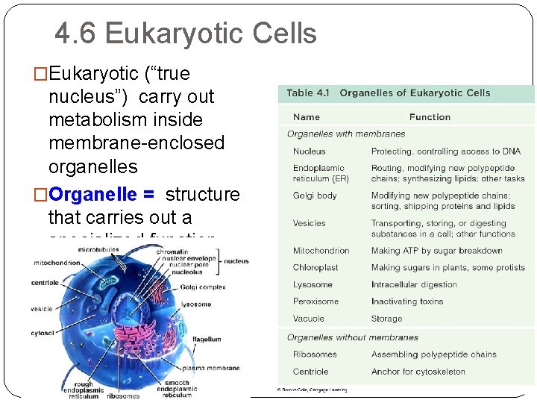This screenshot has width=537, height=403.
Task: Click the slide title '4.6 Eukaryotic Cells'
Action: click(x=186, y=34)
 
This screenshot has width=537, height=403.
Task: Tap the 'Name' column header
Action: click(x=306, y=117)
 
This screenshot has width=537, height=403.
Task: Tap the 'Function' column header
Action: click(x=430, y=117)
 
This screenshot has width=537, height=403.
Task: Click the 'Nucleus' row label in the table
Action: click(x=309, y=151)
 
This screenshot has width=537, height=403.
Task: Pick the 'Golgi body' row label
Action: click(x=315, y=196)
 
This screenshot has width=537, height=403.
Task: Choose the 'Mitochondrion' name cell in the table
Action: click(x=321, y=251)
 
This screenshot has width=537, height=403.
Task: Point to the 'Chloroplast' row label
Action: click(x=315, y=267)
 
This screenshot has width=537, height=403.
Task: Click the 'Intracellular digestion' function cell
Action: click(x=414, y=284)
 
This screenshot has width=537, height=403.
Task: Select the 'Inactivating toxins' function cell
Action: click(x=407, y=302)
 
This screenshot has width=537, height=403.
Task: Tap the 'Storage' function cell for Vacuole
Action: click(x=386, y=319)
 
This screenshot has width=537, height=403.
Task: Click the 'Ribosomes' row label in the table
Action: click(x=315, y=354)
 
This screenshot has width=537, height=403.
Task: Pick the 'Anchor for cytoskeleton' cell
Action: click(x=418, y=372)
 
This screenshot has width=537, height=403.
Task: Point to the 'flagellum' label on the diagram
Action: click(x=206, y=340)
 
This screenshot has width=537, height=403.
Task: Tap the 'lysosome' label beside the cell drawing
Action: click(x=196, y=304)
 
